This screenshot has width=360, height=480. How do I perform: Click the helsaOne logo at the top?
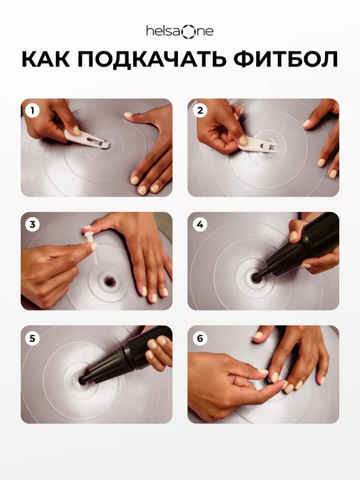(x=180, y=31)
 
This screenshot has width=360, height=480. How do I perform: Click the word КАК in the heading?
(x=46, y=59)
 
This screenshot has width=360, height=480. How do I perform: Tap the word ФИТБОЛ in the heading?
(x=285, y=59)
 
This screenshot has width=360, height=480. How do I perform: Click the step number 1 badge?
(x=33, y=110)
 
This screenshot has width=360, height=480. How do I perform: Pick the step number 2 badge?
(x=200, y=110)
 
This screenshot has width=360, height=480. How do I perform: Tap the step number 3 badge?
(x=33, y=225)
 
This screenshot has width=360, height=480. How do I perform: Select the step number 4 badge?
(x=200, y=225)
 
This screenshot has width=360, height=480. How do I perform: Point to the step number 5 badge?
(x=33, y=338)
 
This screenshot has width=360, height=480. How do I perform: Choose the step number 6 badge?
(x=200, y=338)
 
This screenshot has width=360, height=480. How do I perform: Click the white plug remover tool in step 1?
(x=87, y=140)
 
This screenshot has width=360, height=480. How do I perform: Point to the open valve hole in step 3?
(x=110, y=281)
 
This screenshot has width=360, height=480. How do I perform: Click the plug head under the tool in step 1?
(x=105, y=145)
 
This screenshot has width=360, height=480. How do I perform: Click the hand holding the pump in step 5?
(x=158, y=352)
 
